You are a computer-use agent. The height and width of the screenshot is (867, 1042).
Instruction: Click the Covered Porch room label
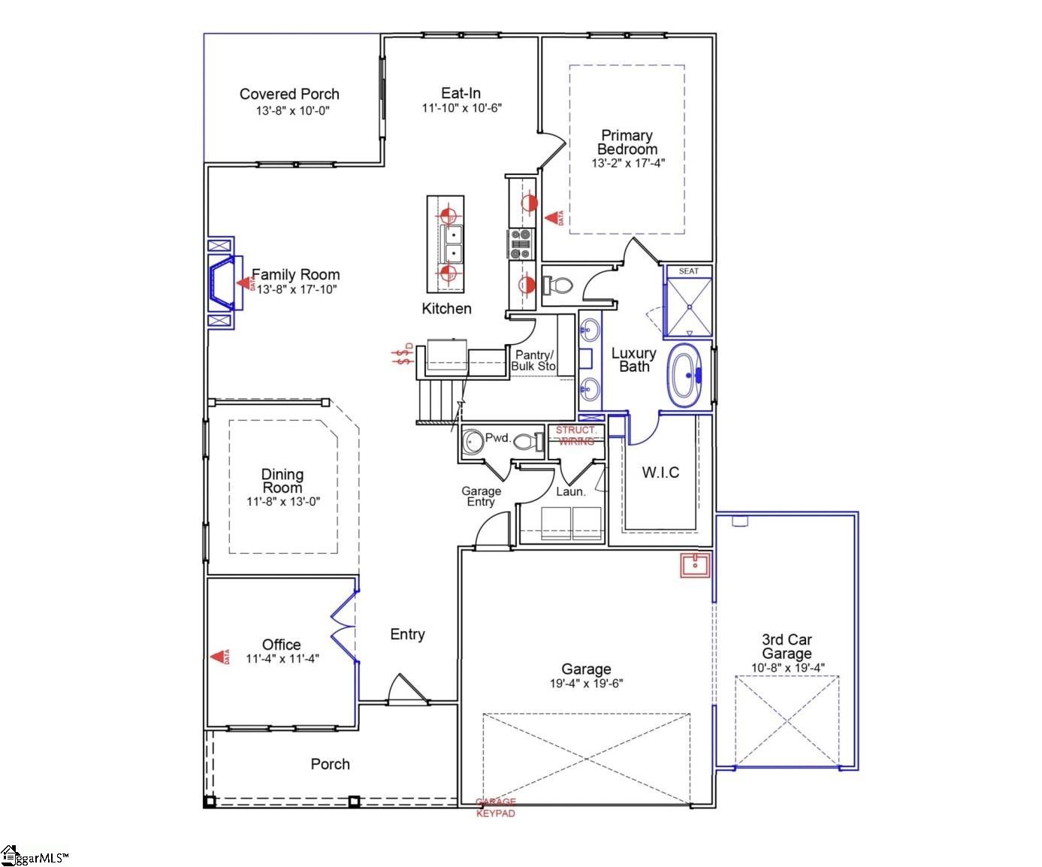click(x=289, y=94)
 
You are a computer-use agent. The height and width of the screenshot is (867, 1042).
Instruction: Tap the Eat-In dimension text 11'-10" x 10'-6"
click(x=461, y=108)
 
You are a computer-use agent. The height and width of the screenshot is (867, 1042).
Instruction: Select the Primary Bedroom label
click(x=627, y=142)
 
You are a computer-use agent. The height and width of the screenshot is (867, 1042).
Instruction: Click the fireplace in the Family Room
click(x=224, y=283)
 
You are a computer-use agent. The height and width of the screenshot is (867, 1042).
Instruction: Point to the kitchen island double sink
click(x=452, y=243)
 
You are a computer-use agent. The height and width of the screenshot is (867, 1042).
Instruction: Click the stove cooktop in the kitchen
click(x=520, y=243)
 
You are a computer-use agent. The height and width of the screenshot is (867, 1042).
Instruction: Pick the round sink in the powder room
click(x=473, y=442)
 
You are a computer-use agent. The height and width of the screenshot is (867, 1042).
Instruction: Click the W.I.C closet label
click(x=660, y=473)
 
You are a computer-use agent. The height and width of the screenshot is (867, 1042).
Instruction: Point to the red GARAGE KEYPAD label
click(x=496, y=808)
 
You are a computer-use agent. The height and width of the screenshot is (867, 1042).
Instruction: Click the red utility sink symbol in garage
click(x=694, y=565)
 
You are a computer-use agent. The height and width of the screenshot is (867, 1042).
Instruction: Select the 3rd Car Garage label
click(x=787, y=646)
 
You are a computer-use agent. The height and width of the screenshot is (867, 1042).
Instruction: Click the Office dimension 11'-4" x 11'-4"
click(x=282, y=659)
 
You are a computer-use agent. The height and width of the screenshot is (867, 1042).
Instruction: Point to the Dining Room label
click(x=282, y=481)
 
